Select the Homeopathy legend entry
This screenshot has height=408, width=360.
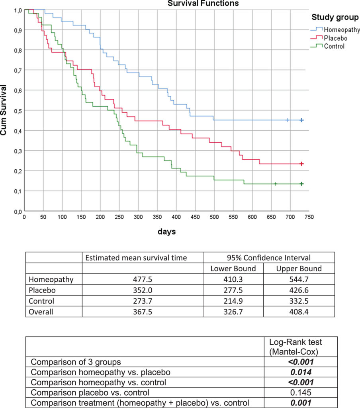[341, 30]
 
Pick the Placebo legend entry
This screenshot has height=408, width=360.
[335, 38]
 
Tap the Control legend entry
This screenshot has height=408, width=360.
[334, 46]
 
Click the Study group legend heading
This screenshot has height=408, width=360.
[335, 17]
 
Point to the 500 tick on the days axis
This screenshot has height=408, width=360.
[214, 218]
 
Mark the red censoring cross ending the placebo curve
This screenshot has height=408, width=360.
[302, 164]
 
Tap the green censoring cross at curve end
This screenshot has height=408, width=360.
[302, 184]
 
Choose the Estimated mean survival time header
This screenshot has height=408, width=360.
[143, 257]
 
